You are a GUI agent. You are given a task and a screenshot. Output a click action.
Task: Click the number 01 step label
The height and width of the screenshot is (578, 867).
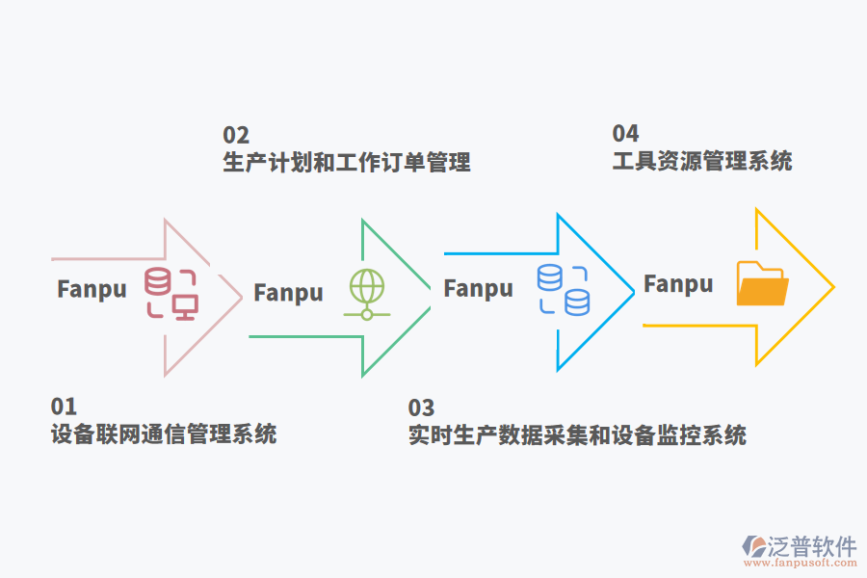coord(64,407)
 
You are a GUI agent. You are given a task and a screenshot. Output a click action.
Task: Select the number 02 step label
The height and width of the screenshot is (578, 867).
coord(236,135)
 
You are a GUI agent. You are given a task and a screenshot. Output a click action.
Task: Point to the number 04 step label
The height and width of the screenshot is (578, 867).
coord(625,133)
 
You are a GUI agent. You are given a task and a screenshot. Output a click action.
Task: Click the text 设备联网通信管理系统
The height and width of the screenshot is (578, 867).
coord(164,434)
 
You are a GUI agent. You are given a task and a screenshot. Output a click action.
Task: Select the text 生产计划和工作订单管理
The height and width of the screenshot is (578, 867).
coord(347,162)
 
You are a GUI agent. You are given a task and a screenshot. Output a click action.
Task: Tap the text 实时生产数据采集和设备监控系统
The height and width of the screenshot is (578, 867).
coord(577,435)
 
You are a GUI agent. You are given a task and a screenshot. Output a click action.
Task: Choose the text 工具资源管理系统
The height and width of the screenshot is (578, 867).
coord(702,161)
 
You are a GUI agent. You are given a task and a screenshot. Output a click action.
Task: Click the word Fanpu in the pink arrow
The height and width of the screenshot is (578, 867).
coord(92,289)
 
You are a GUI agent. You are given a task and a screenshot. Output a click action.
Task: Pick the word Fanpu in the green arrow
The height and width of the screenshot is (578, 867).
coord(288,292)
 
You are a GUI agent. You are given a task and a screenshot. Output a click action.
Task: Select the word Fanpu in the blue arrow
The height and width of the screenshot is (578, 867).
coord(478,288)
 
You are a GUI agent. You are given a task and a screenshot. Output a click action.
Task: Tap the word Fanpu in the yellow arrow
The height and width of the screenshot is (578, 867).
coord(678,283)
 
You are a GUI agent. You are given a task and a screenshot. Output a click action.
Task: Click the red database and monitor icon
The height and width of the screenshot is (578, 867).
coord(171,293)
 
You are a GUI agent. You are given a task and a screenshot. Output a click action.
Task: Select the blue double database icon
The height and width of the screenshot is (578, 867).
coord(563,290)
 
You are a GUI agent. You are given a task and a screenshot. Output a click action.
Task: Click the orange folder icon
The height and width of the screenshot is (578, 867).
coord(762,283)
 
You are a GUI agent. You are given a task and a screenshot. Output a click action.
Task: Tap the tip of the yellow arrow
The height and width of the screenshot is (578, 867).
coord(832,287)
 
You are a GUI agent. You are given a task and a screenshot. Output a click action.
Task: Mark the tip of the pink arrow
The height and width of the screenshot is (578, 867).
coord(241,297)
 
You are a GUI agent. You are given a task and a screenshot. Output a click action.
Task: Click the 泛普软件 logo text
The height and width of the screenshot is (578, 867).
coord(812,546)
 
